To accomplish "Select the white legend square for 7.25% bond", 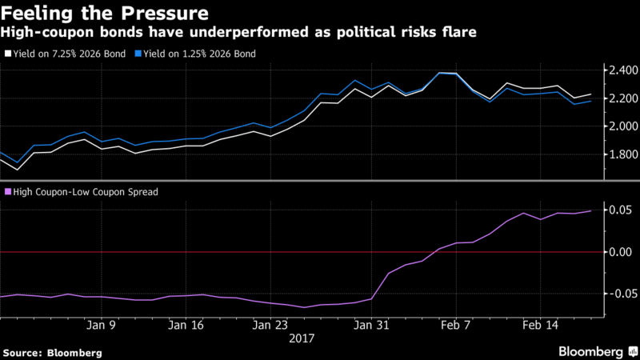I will [9, 54].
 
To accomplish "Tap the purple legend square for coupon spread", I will [9, 191].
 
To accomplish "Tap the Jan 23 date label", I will [269, 326].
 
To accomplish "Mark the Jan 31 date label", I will [370, 326].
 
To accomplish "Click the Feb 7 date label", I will [455, 326].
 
